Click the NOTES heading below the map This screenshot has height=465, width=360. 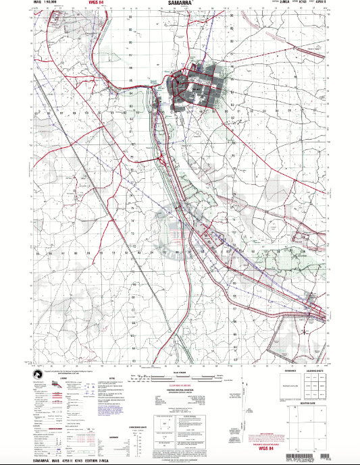click(x=111, y=379)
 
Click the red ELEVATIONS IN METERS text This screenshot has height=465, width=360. click(x=179, y=386)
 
